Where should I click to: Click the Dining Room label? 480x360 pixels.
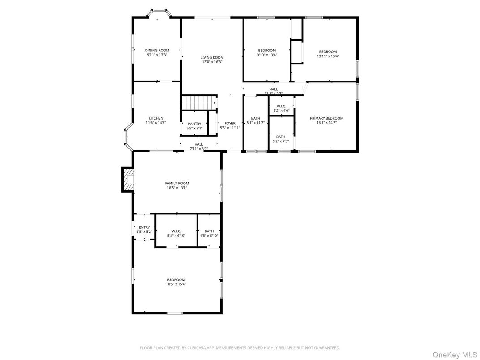pos(157,50)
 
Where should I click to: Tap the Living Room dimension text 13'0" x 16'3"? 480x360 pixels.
pos(212,62)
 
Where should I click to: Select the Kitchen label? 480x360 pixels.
pos(156,118)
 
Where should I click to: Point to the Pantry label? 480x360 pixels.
pos(194,124)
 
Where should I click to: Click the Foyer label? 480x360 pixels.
pos(230,124)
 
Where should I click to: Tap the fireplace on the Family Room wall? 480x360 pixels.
pos(128,180)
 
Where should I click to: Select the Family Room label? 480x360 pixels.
pos(177,183)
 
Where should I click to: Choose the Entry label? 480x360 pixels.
pos(144,227)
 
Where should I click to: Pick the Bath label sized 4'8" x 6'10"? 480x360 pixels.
pos(209,231)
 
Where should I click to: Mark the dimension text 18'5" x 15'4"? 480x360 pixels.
pos(176,284)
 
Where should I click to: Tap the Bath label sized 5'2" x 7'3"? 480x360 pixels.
pos(281,137)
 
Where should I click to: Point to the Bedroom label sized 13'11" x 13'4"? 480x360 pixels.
pos(328,51)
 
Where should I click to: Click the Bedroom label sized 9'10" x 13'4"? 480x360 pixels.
pos(267,50)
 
